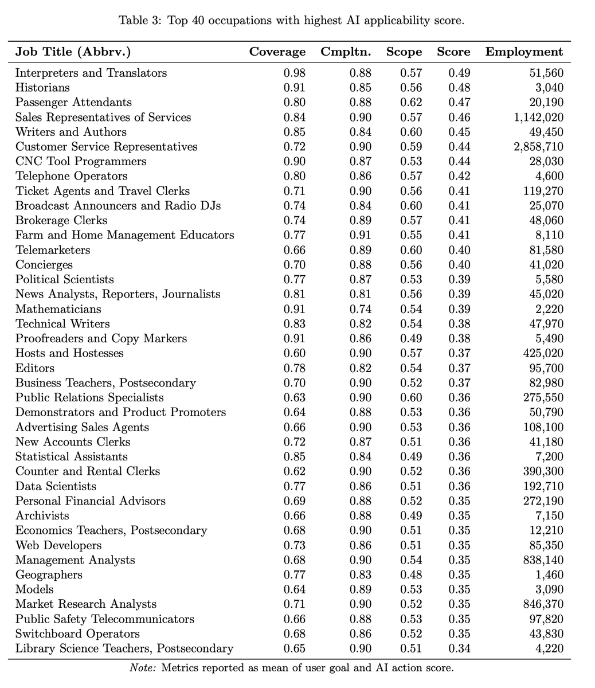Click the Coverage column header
277,52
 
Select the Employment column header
524,52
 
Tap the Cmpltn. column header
346,52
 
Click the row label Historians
42,88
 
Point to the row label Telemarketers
53,250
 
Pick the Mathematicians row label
58,309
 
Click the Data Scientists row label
56,486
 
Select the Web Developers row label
58,545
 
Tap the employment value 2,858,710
539,147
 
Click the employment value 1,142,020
539,117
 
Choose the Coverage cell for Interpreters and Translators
295,73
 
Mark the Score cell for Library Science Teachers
459,648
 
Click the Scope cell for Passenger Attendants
411,103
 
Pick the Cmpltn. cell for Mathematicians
361,309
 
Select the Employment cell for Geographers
551,574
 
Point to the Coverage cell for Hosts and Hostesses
295,353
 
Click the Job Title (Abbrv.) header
73,52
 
